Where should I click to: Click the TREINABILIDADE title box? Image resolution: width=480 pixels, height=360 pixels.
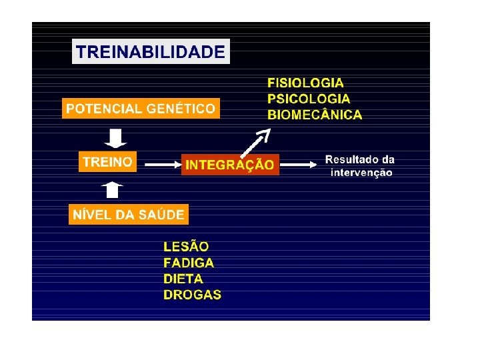coord(151,51)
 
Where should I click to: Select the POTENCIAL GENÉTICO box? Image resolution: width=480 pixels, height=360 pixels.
coord(140,109)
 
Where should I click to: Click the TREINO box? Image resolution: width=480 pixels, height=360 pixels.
coord(107,161)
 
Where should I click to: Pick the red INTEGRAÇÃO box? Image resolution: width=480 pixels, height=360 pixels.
coord(229,164)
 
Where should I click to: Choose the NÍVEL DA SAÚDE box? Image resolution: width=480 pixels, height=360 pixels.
coord(129,215)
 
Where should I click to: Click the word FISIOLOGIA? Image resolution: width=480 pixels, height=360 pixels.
coord(306,83)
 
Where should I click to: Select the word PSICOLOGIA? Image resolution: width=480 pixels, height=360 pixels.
coord(309,99)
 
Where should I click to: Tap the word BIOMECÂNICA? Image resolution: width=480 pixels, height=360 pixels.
coord(315,115)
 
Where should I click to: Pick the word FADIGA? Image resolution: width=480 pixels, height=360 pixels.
coord(189,263)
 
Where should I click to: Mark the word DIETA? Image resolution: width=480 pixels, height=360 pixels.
coord(183,279)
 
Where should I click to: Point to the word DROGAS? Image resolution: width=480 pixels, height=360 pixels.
coord(192,295)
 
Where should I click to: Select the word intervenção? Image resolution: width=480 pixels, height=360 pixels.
coord(361,173)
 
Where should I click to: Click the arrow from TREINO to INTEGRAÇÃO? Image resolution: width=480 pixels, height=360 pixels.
coord(161,163)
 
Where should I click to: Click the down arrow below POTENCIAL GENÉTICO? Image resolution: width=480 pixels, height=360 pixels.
coord(114,138)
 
